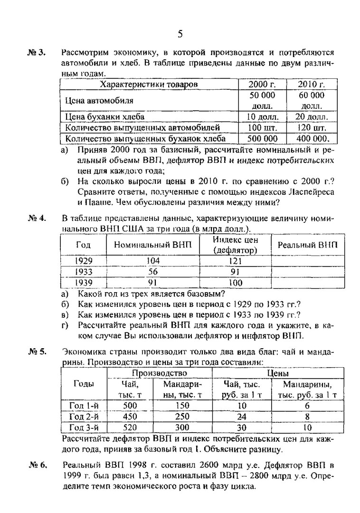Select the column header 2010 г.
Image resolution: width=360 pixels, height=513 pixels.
coord(311,85)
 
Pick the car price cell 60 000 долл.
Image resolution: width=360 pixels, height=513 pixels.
coord(311,100)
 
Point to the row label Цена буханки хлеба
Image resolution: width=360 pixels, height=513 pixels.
coord(105,116)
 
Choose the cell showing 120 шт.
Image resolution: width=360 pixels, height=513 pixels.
coord(311,127)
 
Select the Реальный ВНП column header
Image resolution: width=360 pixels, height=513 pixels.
coord(307,245)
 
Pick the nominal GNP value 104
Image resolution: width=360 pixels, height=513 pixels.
coord(153,261)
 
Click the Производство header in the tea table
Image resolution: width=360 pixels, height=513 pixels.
coord(160,374)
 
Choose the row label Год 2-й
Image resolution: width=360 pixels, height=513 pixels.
coord(84,417)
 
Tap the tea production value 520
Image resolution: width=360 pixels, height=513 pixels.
coord(130,427)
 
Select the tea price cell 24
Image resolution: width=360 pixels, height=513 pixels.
coord(242,417)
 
